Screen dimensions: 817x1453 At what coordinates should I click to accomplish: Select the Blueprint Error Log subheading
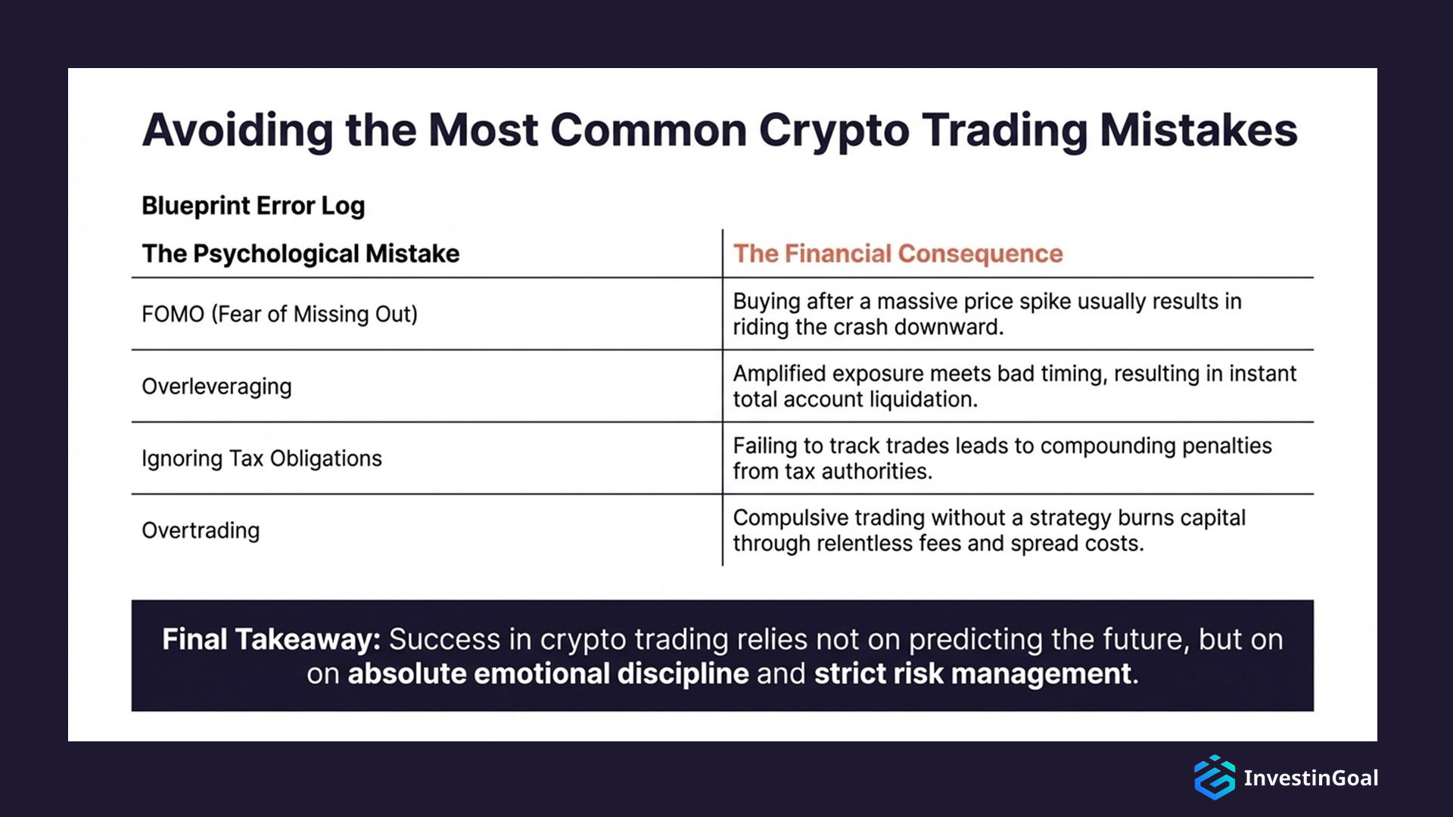253,206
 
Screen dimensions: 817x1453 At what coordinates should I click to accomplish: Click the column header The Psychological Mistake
300,253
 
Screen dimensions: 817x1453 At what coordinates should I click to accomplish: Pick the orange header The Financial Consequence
898,253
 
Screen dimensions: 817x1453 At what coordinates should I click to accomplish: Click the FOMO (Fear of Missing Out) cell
279,314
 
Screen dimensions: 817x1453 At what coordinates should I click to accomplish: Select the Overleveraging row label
216,387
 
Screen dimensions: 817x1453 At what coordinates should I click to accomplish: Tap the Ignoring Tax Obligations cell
261,458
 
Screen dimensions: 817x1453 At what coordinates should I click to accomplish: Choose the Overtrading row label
201,530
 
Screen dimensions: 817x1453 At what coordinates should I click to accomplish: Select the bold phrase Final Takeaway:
271,640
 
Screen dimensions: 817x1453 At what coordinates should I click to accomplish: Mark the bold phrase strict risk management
972,674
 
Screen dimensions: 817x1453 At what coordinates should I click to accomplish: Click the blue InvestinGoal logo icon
1214,778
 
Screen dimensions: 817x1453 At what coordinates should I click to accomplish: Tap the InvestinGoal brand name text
1310,778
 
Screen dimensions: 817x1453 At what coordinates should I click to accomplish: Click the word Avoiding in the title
237,130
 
